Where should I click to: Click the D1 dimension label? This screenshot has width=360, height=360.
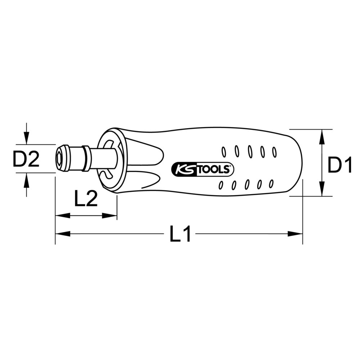coord(339,166)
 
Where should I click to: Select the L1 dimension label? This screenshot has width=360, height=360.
coord(180,234)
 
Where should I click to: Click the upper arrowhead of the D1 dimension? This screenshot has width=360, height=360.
coord(321,136)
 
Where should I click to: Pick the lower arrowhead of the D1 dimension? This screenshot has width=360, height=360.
coord(321,190)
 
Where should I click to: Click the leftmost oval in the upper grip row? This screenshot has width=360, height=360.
coord(224,152)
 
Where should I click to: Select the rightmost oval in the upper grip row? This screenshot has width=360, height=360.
coord(274,152)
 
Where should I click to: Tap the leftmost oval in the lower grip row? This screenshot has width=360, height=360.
coord(221,185)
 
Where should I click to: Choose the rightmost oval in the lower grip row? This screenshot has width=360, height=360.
coord(271,184)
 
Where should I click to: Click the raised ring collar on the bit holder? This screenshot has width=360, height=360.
coord(86,158)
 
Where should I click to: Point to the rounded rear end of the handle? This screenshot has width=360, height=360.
coord(300,162)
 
